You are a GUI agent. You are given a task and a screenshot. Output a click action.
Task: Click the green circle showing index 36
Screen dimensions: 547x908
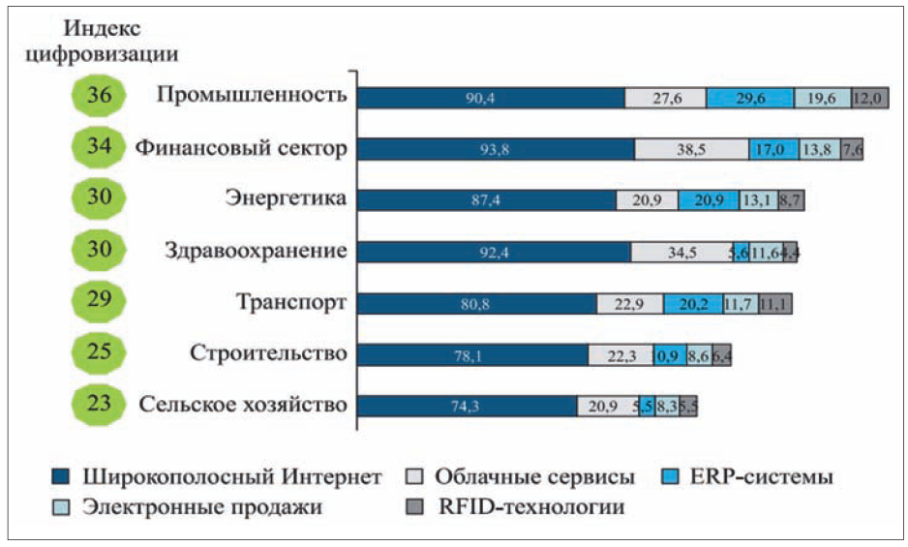coord(99,97)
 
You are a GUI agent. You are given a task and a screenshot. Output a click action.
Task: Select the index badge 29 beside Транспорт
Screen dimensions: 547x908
coord(99,301)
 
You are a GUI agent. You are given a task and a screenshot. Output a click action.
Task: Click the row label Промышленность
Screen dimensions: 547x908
coord(251,96)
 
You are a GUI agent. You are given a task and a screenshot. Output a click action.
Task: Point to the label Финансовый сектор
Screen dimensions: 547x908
coord(240,148)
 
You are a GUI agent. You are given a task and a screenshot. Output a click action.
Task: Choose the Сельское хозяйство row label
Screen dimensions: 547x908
coord(242,405)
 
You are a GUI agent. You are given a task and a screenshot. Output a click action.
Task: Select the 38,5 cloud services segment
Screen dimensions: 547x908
coord(691,149)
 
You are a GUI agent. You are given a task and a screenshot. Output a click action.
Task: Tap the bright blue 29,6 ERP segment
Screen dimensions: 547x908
coord(749,98)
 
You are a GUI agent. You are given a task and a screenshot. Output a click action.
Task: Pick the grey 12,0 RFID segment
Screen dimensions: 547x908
coord(868,98)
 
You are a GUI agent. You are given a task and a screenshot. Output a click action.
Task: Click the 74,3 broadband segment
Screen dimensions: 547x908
coord(467,407)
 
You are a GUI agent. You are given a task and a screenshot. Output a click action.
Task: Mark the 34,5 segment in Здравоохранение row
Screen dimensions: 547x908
coord(681,252)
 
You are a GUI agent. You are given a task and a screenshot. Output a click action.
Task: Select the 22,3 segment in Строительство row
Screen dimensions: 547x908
coord(620,355)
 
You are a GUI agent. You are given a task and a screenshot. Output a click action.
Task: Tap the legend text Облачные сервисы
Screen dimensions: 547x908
coord(534,477)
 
